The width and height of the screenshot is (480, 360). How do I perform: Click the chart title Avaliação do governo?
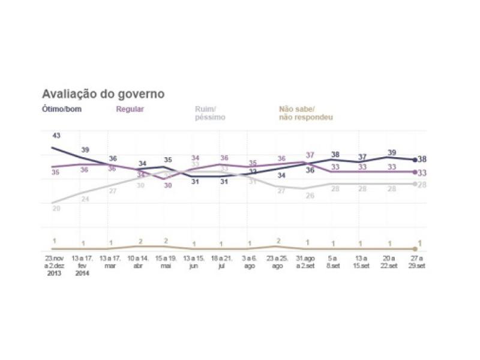click(x=103, y=94)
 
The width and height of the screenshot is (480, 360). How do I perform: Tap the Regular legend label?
click(x=129, y=109)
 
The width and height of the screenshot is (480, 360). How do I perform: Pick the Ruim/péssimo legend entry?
click(x=209, y=113)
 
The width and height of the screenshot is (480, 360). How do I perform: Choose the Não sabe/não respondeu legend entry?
click(x=305, y=113)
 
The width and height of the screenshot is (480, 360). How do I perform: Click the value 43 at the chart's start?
click(x=56, y=136)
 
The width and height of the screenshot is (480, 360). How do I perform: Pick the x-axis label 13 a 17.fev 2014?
click(x=82, y=264)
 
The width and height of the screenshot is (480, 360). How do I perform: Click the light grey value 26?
click(x=310, y=196)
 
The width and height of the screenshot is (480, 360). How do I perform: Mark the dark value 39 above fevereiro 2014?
click(x=85, y=149)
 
